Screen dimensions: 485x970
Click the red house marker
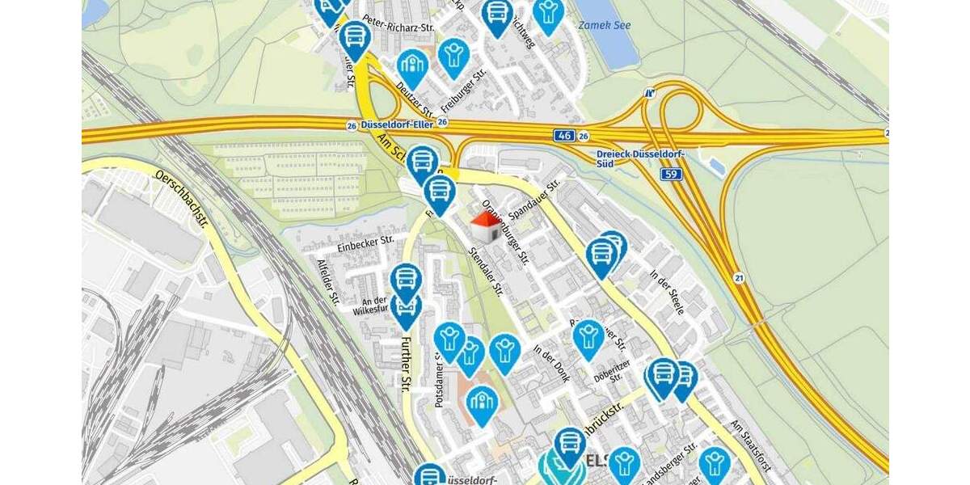coord(485,226)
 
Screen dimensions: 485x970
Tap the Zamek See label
coord(605,25)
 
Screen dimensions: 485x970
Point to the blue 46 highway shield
coord(564,136)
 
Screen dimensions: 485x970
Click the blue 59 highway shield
coord(672,174)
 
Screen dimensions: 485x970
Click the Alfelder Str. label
coord(328,282)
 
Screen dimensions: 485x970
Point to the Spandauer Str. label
coord(535,197)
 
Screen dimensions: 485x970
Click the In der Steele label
coord(667,292)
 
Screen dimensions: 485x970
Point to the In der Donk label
coord(551,364)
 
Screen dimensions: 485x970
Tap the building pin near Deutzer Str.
coord(412,68)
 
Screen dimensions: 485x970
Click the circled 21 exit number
coord(739,278)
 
